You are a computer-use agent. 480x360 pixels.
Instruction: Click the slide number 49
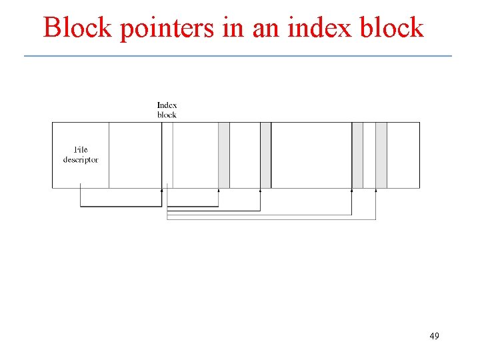click(434, 336)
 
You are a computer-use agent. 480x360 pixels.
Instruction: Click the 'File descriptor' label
click(81, 155)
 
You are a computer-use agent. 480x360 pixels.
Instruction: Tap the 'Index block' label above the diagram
click(167, 110)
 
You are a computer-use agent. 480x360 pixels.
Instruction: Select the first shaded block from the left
click(224, 155)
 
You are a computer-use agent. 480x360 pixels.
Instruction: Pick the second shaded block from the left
click(265, 155)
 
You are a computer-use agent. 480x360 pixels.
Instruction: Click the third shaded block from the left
click(357, 155)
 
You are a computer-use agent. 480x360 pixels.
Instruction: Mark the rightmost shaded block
click(381, 155)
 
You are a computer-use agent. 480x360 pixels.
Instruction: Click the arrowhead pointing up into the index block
click(162, 191)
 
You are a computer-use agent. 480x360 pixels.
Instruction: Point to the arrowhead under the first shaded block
click(219, 191)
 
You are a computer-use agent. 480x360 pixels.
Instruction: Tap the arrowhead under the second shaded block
click(260, 191)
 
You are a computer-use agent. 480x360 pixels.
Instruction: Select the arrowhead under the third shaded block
click(351, 191)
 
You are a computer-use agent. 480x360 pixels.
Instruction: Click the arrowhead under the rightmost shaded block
click(375, 191)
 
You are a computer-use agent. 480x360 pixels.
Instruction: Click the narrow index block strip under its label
click(167, 155)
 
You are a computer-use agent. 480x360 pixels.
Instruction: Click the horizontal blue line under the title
click(238, 56)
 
